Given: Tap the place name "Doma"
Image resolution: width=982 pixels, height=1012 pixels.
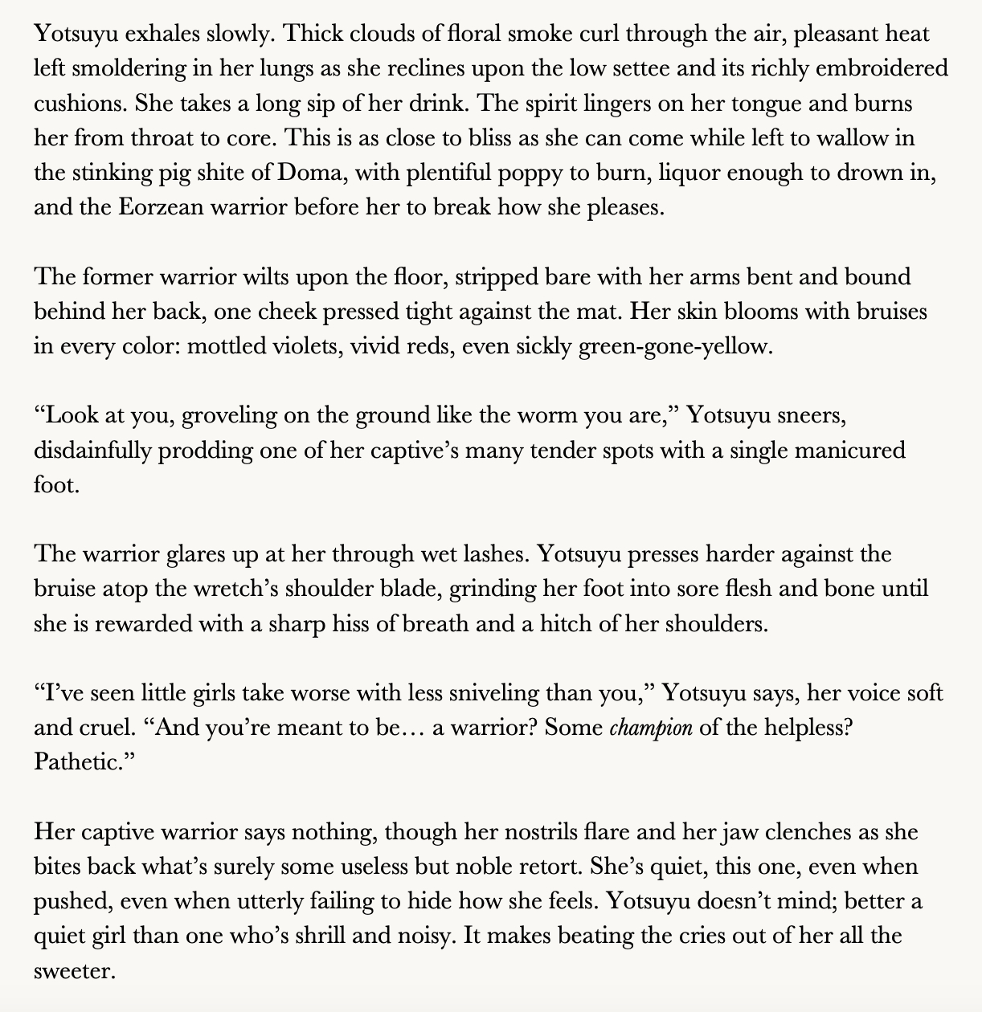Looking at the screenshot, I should pos(314,173).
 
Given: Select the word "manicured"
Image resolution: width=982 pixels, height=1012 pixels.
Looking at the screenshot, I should pos(850,451).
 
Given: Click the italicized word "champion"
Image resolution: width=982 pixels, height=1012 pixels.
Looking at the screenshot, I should pos(652,728).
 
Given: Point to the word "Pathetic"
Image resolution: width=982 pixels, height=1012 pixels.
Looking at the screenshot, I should pos(80,762).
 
